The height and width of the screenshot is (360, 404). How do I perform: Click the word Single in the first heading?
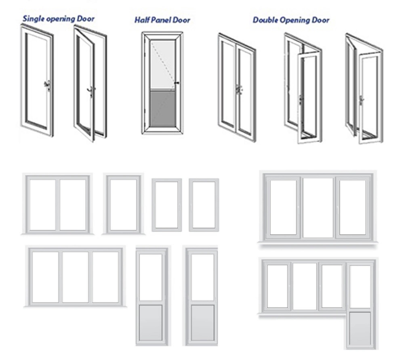pos(33,19)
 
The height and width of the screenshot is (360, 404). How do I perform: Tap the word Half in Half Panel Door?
pos(142,20)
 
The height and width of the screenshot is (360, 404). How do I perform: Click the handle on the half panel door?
pos(177,84)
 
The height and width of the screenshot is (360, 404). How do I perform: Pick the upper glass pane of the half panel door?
pos(162,65)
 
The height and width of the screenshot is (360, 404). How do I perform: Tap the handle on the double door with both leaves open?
pos(361,99)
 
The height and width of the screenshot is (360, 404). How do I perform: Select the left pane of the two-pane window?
pos(42,205)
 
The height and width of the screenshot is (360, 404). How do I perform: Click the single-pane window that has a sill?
pos(123,205)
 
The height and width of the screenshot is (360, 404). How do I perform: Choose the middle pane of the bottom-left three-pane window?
pos(75,277)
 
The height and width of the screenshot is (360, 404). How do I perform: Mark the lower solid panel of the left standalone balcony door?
pos(151,322)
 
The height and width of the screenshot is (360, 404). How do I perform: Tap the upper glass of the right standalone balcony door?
pos(202,277)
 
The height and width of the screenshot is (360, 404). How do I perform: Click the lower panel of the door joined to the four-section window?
pos(360,329)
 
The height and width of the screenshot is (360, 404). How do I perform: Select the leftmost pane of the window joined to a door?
pos(277,286)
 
